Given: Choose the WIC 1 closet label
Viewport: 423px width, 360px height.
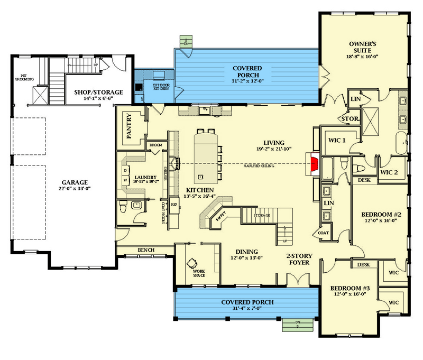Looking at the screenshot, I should [337, 140].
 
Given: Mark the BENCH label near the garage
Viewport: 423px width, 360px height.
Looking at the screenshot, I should [145, 249].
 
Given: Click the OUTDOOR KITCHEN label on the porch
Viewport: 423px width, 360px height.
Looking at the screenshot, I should [161, 87].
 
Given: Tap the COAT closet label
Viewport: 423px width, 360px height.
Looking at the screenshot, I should [324, 232].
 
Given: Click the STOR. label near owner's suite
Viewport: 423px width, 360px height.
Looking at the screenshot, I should [350, 119].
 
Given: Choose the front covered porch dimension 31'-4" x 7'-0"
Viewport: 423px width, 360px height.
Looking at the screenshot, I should [247, 309].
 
